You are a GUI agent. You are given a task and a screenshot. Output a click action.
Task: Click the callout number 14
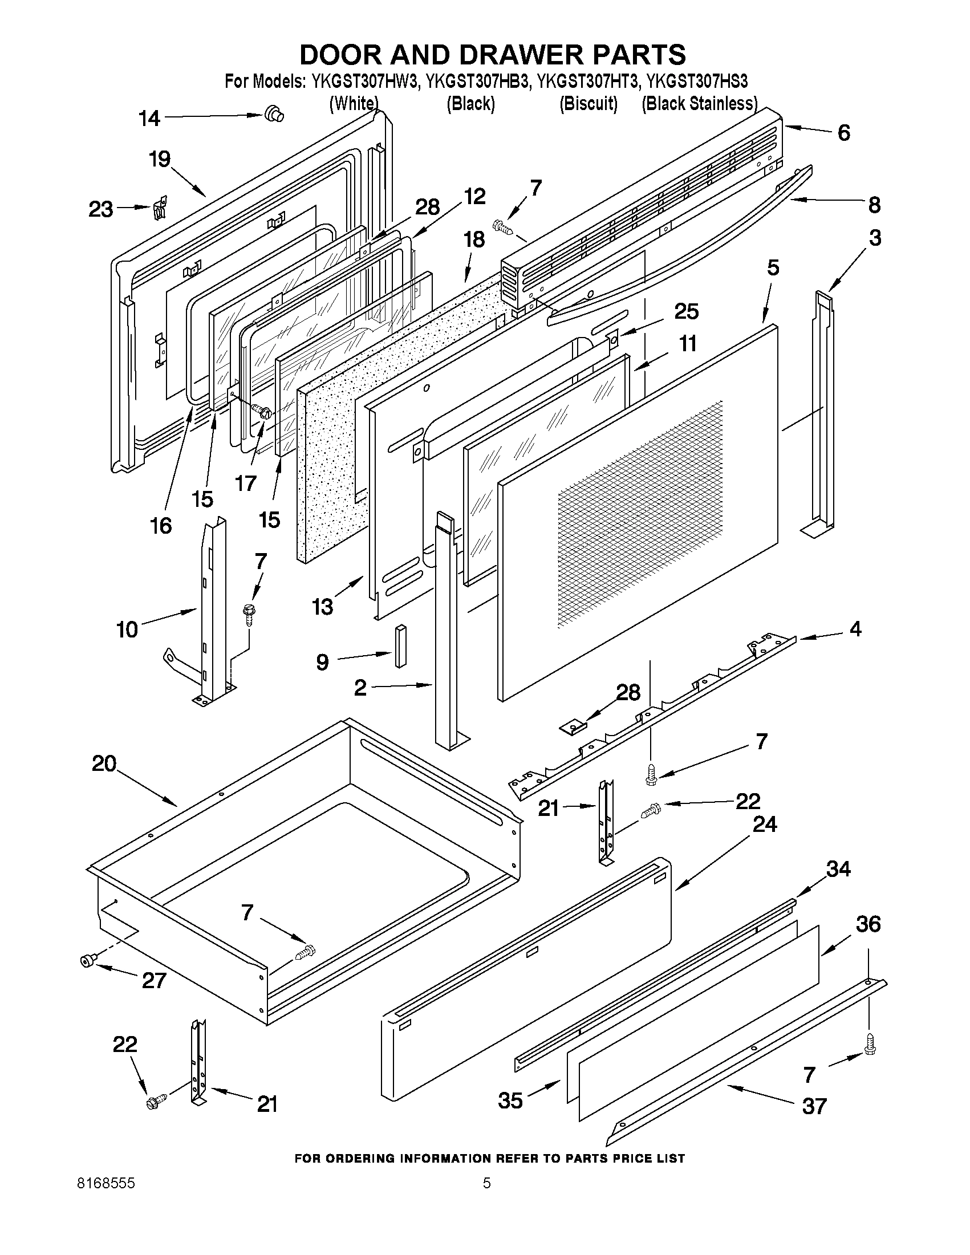point(149,119)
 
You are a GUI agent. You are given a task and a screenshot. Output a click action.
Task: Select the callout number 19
point(160,159)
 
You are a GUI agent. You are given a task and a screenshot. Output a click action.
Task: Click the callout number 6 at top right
point(843,133)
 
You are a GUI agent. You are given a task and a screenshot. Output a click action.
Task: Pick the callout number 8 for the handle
point(874,205)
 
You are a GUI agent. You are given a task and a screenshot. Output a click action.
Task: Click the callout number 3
point(875,237)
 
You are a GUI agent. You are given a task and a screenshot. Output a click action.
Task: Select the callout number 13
point(323,606)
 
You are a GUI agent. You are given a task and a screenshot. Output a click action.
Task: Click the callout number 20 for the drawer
point(104,763)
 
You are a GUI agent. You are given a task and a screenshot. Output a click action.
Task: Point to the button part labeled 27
point(88,960)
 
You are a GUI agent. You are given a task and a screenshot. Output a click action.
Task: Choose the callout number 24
point(764,825)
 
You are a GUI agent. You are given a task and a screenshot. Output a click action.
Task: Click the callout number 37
point(814,1106)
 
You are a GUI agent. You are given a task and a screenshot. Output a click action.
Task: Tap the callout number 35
point(510,1100)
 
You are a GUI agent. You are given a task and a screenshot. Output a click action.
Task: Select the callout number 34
point(838,869)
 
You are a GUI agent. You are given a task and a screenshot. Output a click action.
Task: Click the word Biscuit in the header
point(589,104)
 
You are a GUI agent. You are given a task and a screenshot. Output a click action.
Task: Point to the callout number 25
point(686,311)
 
